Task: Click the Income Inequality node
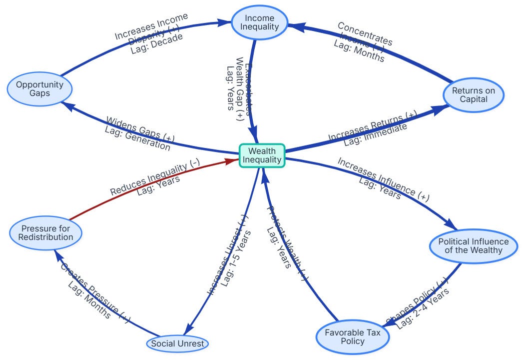(260, 22)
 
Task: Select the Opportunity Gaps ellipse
(39, 89)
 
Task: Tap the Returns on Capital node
(474, 95)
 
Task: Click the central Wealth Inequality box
(262, 155)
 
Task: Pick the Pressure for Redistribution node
(45, 233)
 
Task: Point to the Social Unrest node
(178, 343)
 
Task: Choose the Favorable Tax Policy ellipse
(352, 336)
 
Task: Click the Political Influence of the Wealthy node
(473, 245)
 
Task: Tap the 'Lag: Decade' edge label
(156, 43)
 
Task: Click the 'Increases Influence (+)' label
(383, 179)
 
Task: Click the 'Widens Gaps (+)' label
(140, 128)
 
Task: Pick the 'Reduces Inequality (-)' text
(155, 177)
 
